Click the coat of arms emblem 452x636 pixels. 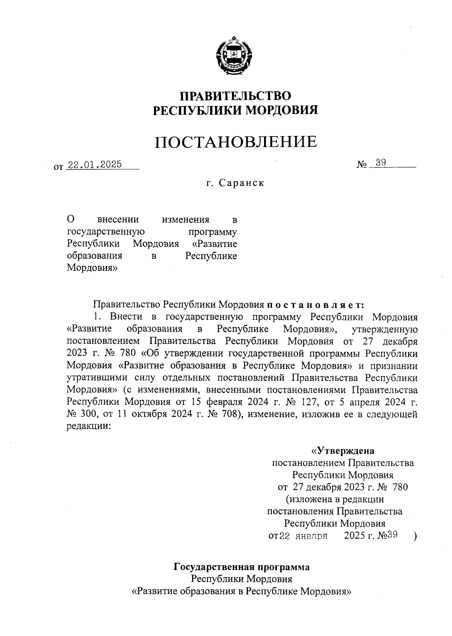234,57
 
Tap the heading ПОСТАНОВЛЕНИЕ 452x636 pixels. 236,141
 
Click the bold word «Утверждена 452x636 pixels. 342,451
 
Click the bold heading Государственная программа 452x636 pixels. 241,567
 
